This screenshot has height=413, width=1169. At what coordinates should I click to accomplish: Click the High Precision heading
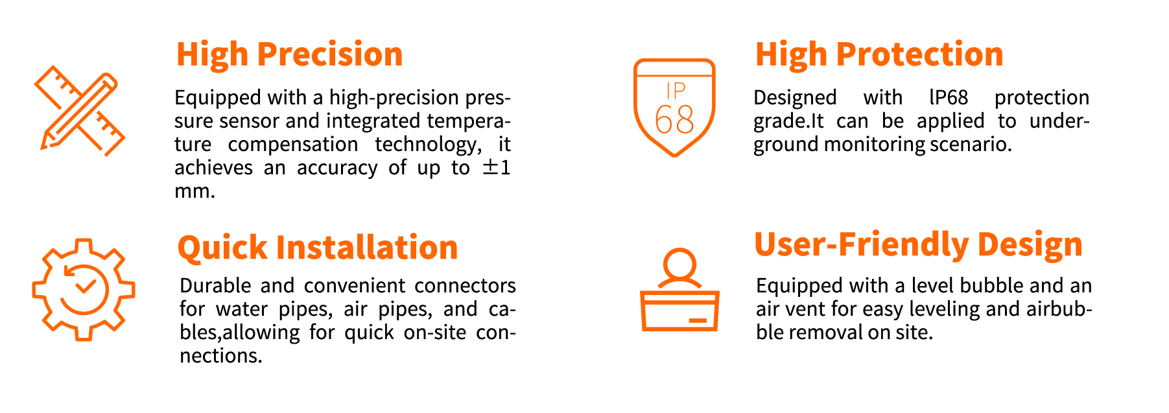[289, 55]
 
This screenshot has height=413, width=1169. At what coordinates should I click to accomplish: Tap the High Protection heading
[879, 54]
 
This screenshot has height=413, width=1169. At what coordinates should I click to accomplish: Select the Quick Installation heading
[318, 248]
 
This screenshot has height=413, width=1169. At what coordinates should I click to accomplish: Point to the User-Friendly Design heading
[918, 246]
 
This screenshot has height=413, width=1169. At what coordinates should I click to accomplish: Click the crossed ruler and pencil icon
[79, 111]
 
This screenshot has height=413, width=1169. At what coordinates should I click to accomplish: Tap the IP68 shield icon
[674, 108]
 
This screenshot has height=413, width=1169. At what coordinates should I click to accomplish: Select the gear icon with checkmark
[84, 290]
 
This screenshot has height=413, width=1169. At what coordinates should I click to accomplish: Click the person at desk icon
[679, 290]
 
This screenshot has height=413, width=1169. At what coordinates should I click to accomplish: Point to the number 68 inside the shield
[674, 119]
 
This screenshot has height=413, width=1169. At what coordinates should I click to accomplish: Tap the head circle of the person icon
[679, 265]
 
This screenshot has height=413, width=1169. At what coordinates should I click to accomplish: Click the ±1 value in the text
[497, 168]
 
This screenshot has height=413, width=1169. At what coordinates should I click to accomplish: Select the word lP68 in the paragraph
[949, 98]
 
